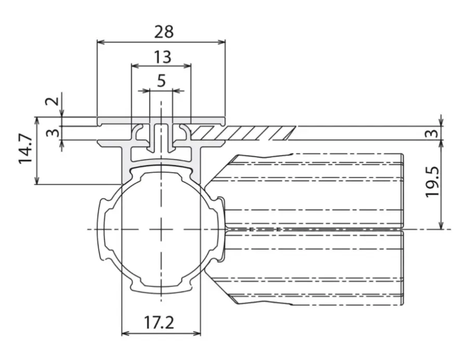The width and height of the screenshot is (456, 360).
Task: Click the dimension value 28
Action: point(164,32)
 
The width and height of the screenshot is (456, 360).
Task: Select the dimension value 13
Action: point(162,57)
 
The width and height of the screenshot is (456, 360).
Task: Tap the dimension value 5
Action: point(161,81)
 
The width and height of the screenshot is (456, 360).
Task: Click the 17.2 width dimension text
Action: point(159,323)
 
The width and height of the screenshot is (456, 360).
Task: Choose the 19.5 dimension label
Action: point(432,182)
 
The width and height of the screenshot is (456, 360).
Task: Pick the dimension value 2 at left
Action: point(53,101)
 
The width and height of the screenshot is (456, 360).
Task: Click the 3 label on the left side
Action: point(53,133)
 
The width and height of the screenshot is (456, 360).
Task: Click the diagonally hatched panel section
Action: point(243,133)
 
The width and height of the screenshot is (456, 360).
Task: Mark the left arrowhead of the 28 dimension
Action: point(101,42)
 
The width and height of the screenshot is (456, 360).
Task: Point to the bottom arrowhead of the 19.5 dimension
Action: point(441,225)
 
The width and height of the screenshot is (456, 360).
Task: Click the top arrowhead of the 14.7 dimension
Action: point(36,121)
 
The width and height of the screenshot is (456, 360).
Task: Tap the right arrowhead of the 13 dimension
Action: point(187,66)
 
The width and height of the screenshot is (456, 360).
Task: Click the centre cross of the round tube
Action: point(161,229)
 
